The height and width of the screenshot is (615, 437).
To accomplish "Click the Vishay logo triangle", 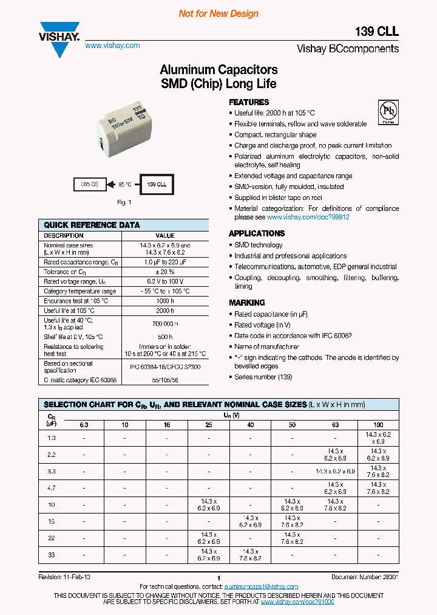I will click(x=59, y=38).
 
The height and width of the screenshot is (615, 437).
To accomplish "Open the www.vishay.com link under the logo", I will click(x=112, y=46).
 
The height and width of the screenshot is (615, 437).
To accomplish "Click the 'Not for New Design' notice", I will click(x=218, y=13).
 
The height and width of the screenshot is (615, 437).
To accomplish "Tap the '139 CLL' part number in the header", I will click(x=376, y=33).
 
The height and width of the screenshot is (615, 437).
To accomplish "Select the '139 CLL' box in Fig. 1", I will click(x=157, y=184).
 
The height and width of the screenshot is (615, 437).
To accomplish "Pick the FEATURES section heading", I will click(x=248, y=102).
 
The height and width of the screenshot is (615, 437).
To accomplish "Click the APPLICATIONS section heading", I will click(x=256, y=233).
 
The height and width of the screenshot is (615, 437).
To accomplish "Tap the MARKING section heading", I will click(x=246, y=303).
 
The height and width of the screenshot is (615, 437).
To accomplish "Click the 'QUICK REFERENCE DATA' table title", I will click(x=92, y=225).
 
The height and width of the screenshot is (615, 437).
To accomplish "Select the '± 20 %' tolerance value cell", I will click(x=165, y=272).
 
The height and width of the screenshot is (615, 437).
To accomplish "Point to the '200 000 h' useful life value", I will click(x=165, y=324).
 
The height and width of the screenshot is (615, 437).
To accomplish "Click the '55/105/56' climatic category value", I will click(x=165, y=379).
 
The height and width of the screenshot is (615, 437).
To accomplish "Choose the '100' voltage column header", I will click(x=378, y=424).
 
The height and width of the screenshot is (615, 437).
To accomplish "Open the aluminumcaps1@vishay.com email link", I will click(x=261, y=586).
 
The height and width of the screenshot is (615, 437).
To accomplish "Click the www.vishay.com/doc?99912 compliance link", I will click(x=308, y=217).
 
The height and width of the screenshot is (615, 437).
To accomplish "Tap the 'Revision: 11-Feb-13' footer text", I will click(x=66, y=577).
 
